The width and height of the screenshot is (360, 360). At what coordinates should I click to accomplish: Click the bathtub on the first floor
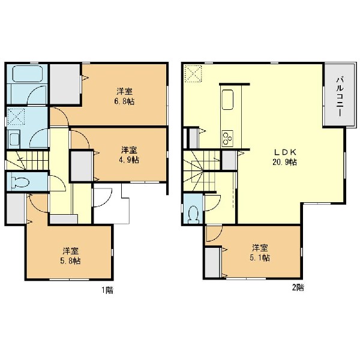[28, 74]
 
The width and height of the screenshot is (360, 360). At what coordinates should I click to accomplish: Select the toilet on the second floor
[193, 215]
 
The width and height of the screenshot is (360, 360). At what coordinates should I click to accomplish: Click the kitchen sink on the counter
[227, 100]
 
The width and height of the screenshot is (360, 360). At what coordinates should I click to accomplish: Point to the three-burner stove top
[227, 137]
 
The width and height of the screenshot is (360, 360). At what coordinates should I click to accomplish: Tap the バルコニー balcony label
[340, 97]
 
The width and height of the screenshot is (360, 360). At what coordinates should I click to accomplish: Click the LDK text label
[285, 152]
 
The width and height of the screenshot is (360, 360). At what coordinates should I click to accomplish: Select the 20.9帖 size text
[284, 162]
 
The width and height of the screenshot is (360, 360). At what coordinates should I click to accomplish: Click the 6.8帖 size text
[124, 101]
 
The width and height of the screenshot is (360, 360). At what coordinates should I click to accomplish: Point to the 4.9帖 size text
[129, 160]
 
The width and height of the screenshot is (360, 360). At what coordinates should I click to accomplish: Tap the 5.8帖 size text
[70, 261]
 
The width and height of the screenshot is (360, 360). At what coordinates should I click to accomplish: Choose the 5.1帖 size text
[260, 257]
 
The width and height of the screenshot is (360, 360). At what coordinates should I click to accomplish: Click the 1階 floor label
[107, 290]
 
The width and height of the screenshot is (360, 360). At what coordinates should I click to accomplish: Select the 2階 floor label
[298, 287]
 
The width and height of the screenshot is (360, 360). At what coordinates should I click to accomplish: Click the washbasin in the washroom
[14, 139]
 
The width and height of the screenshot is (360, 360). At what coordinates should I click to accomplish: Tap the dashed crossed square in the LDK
[193, 73]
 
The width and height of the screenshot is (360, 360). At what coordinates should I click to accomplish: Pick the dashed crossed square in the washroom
[16, 116]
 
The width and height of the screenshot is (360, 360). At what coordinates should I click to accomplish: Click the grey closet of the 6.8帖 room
[65, 84]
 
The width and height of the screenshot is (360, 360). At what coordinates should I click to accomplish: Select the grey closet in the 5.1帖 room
[212, 262]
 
